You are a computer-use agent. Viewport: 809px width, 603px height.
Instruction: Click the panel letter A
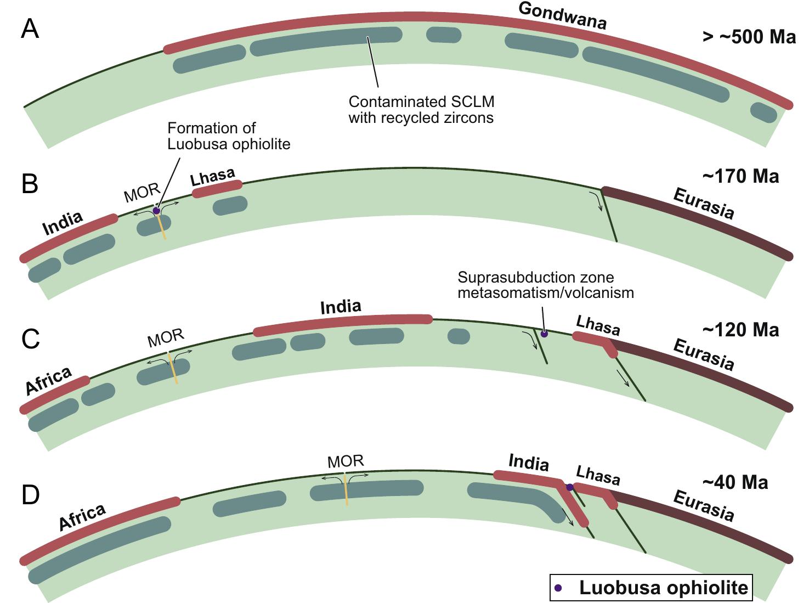coord(30,29)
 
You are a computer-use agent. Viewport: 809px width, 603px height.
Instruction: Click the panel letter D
coord(31,494)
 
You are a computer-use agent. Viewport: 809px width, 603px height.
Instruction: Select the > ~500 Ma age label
coord(749,37)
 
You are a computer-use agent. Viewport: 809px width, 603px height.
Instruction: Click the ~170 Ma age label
coord(740,177)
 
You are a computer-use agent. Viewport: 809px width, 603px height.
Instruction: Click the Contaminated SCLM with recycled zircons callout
coord(421,110)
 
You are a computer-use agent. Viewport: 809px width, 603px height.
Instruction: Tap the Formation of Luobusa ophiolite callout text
coord(228,136)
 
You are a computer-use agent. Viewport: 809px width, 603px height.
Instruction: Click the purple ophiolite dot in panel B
coord(156,211)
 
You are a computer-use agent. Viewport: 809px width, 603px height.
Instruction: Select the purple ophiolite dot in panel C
coord(544,334)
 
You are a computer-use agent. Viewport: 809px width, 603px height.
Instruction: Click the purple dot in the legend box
coord(558,588)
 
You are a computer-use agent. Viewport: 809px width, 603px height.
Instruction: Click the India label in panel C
coord(341,307)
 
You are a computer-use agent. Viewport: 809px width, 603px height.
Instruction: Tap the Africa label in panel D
coord(82,517)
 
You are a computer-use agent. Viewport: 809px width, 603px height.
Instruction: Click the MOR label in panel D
coord(346,461)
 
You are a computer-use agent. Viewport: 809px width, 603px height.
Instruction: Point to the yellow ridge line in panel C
coord(172,368)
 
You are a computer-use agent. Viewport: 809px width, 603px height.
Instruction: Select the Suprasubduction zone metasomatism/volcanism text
coord(545,285)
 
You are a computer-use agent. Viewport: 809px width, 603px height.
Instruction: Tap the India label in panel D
coord(529,463)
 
